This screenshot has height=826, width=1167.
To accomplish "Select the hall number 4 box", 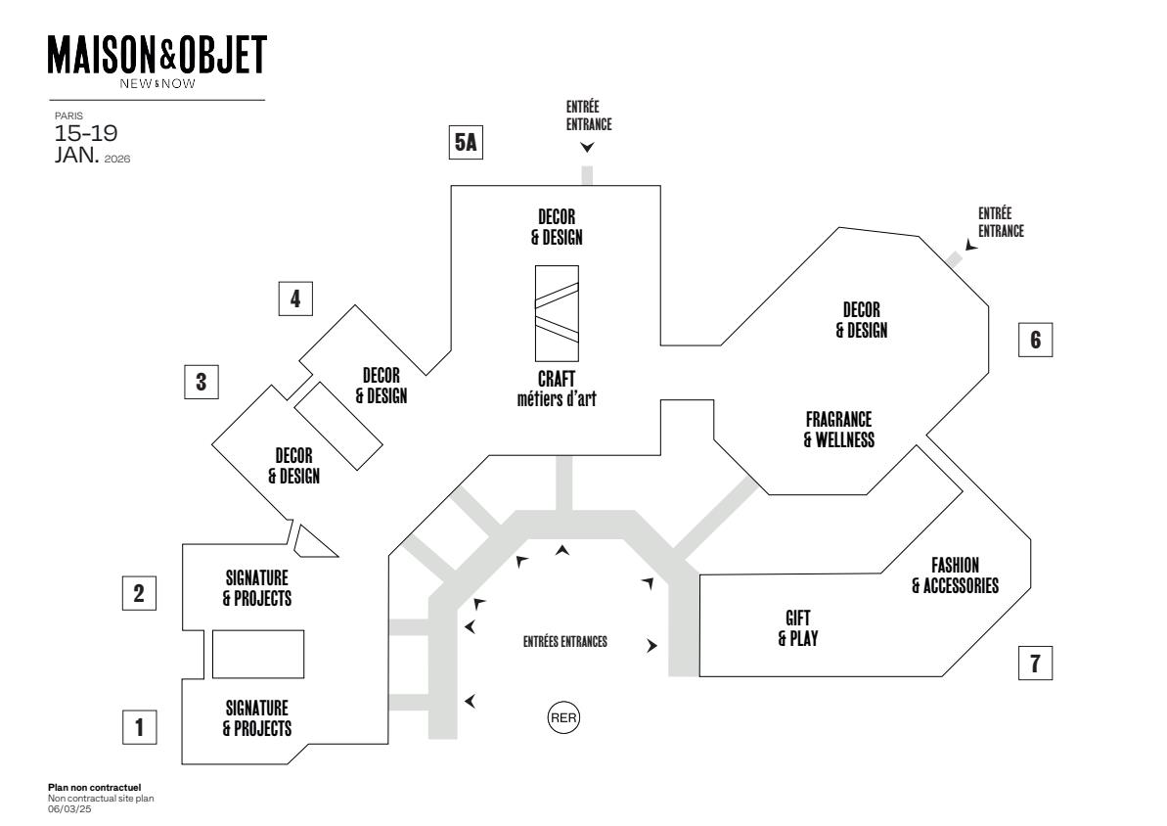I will point(295,298).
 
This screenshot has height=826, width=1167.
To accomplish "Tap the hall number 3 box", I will point(202,381).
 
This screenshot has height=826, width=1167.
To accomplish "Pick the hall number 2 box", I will point(139,592).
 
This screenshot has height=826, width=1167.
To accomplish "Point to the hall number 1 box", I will point(139,727).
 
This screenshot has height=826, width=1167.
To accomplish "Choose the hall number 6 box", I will point(1036,340).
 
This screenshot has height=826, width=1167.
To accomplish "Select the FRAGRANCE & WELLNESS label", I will point(838,429).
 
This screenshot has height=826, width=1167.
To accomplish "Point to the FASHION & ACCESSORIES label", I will point(954,575).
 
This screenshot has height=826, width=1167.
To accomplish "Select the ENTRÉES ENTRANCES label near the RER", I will point(565,643).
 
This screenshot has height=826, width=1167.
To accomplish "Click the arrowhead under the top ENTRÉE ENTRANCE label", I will point(587,148).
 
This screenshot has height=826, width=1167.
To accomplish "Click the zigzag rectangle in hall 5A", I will point(556,313).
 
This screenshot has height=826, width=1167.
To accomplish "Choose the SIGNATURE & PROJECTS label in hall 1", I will point(256,717).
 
